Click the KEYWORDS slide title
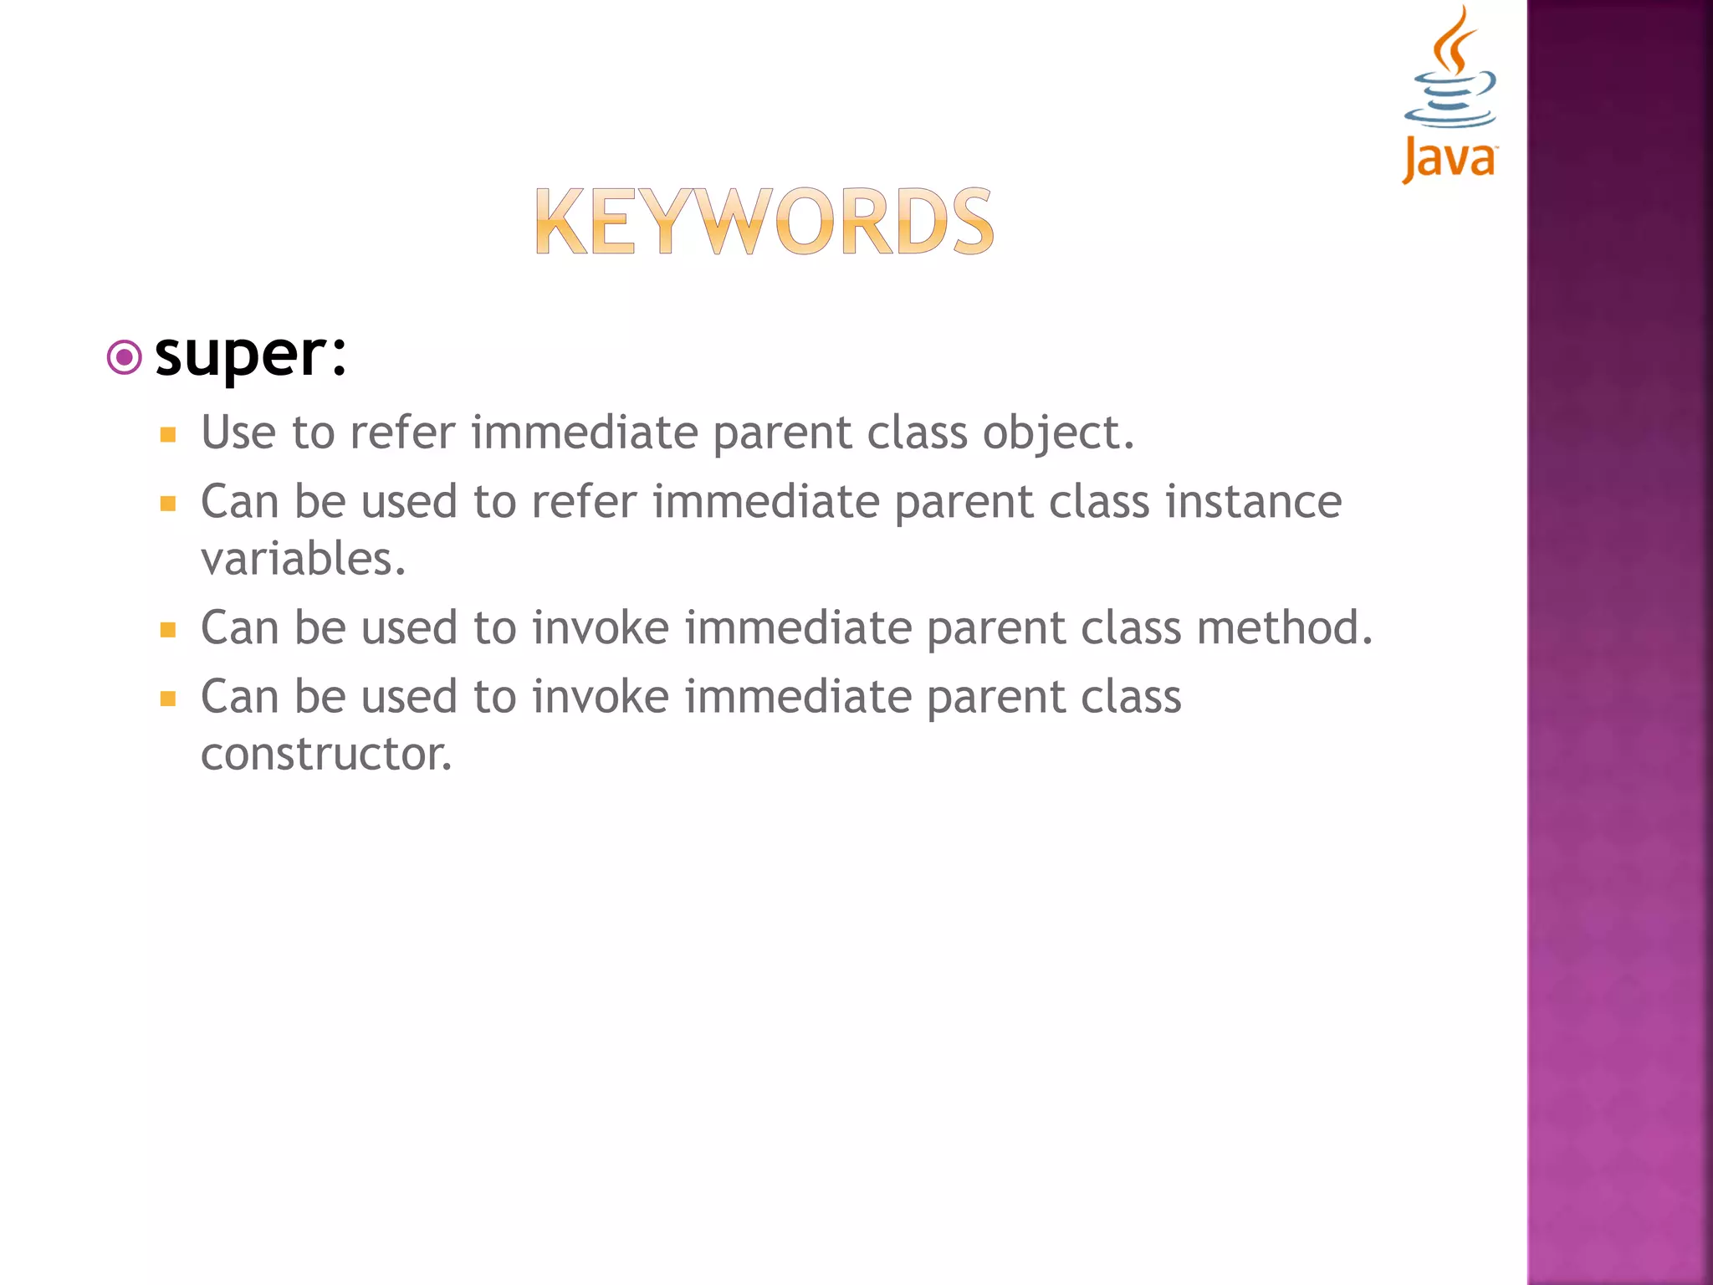click(x=764, y=222)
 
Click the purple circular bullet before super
click(x=125, y=358)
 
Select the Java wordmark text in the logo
click(x=1450, y=159)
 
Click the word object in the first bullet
click(x=1057, y=433)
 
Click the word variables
click(x=303, y=559)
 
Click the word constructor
click(x=326, y=755)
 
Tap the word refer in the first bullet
click(x=402, y=433)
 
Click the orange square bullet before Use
click(x=168, y=435)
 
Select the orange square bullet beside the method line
click(x=168, y=630)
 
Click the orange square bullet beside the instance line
click(x=168, y=504)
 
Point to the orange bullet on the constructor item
click(x=168, y=699)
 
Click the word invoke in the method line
click(x=601, y=627)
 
